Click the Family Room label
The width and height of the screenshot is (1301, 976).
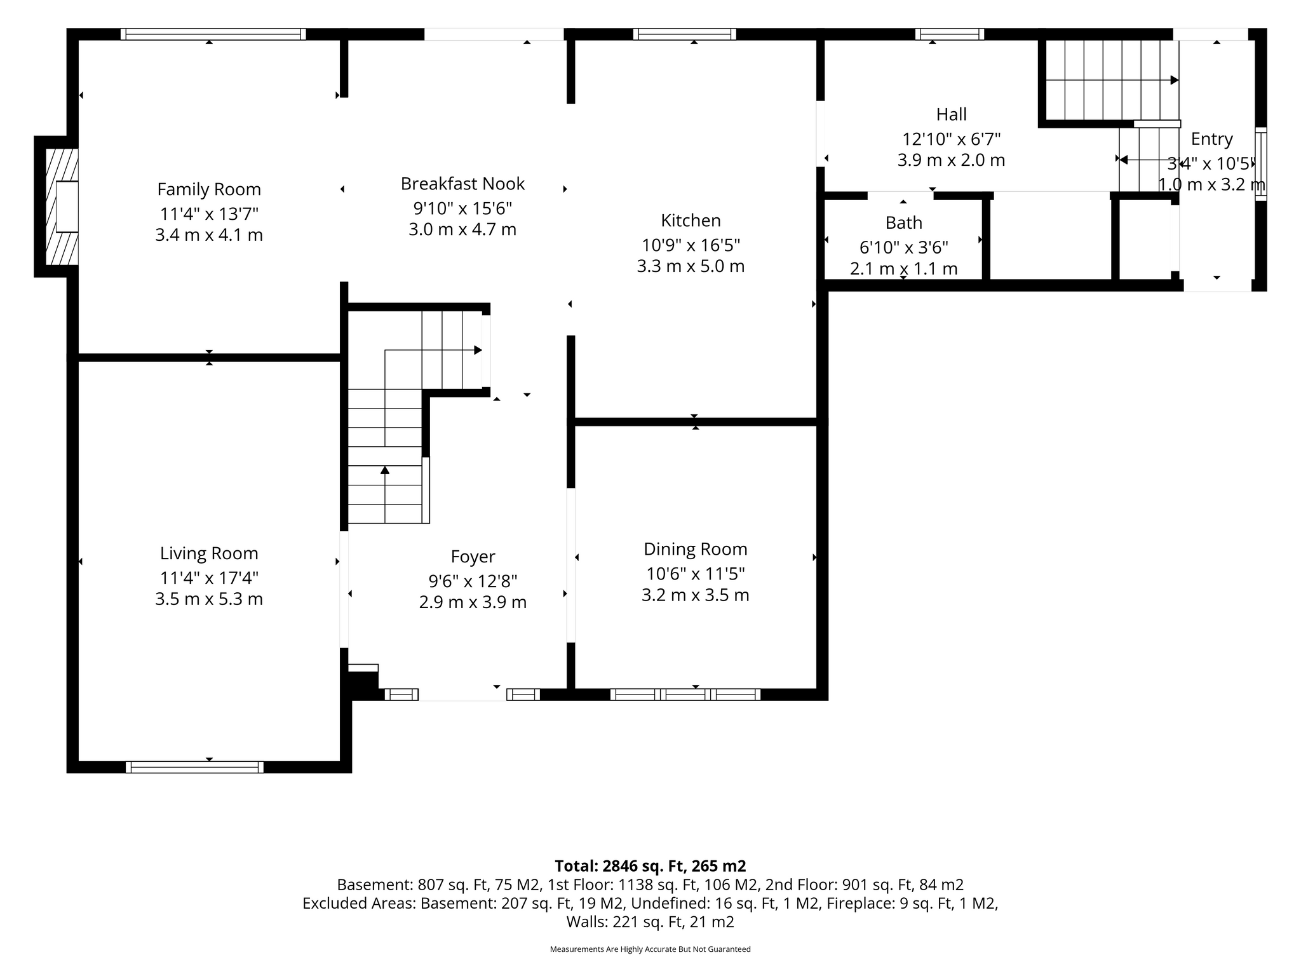pyautogui.click(x=209, y=189)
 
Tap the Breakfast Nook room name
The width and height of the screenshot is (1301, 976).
pyautogui.click(x=462, y=184)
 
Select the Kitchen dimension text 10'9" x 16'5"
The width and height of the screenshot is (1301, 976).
pyautogui.click(x=691, y=245)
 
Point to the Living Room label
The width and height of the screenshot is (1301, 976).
pyautogui.click(x=209, y=553)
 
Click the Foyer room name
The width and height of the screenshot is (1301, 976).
pyautogui.click(x=473, y=557)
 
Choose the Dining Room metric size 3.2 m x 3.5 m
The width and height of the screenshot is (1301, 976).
pyautogui.click(x=695, y=595)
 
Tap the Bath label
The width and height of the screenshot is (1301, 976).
pyautogui.click(x=903, y=223)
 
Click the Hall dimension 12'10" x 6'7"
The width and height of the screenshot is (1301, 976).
pyautogui.click(x=951, y=139)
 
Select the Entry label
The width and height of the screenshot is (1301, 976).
pyautogui.click(x=1211, y=139)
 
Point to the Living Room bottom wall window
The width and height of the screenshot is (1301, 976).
pyautogui.click(x=194, y=767)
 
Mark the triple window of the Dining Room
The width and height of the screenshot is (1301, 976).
pyautogui.click(x=685, y=695)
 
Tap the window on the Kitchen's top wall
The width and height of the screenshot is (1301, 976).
pyautogui.click(x=684, y=34)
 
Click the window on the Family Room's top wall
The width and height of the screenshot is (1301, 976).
pyautogui.click(x=213, y=34)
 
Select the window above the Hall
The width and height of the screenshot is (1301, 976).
pyautogui.click(x=949, y=34)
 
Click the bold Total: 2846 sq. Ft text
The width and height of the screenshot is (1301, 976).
pyautogui.click(x=650, y=866)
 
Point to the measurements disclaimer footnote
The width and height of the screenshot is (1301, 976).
pyautogui.click(x=650, y=949)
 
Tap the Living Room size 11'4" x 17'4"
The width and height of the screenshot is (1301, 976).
pyautogui.click(x=209, y=578)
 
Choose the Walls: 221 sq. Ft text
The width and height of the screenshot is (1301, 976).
pyautogui.click(x=650, y=922)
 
